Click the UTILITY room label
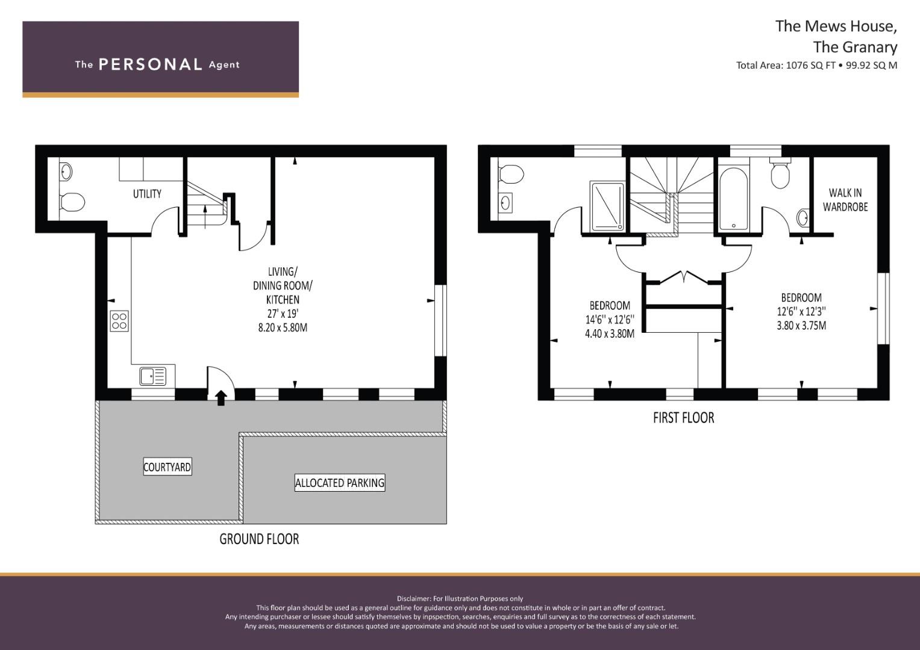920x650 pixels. click(x=147, y=194)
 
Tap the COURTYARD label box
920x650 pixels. click(x=167, y=466)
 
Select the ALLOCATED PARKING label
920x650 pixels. click(x=340, y=483)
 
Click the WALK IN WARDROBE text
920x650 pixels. click(x=845, y=200)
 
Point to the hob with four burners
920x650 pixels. click(x=119, y=321)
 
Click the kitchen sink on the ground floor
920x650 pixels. click(x=153, y=376)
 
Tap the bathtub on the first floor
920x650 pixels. click(x=734, y=199)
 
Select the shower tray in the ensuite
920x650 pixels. click(x=607, y=206)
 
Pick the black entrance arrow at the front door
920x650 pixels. click(x=221, y=398)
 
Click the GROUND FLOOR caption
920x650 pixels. click(x=259, y=539)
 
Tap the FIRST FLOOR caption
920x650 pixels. click(x=683, y=418)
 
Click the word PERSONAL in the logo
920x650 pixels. click(x=151, y=64)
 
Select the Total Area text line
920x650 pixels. click(x=816, y=65)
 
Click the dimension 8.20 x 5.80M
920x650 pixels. click(x=283, y=327)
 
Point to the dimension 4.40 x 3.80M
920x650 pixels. click(x=610, y=333)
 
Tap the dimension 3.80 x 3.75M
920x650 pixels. click(x=801, y=326)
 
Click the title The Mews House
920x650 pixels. click(x=836, y=26)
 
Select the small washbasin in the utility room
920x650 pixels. click(x=66, y=171)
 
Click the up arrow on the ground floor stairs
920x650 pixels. click(x=205, y=217)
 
